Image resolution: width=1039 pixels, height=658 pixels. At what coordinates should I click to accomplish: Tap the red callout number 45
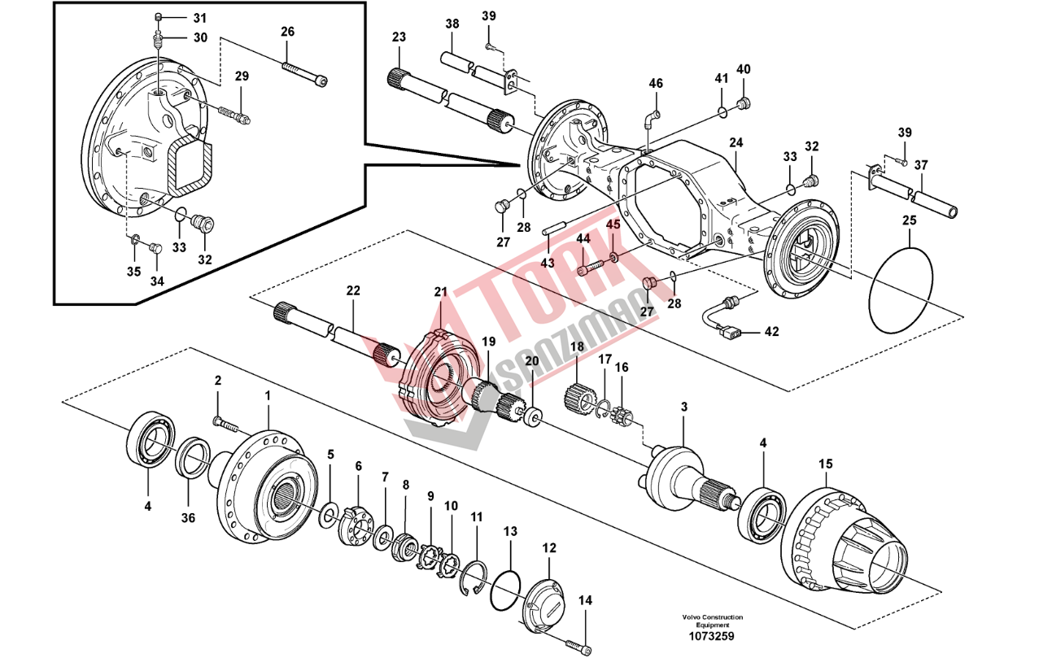(613, 224)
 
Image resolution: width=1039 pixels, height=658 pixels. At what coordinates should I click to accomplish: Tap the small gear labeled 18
(576, 396)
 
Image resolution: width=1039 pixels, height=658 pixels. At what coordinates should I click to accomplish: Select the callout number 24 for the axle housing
(736, 142)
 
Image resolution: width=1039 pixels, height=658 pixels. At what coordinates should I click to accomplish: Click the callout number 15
(825, 464)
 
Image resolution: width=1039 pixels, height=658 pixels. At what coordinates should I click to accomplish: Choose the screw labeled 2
(225, 423)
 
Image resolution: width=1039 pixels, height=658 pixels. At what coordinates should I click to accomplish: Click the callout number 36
(189, 517)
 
